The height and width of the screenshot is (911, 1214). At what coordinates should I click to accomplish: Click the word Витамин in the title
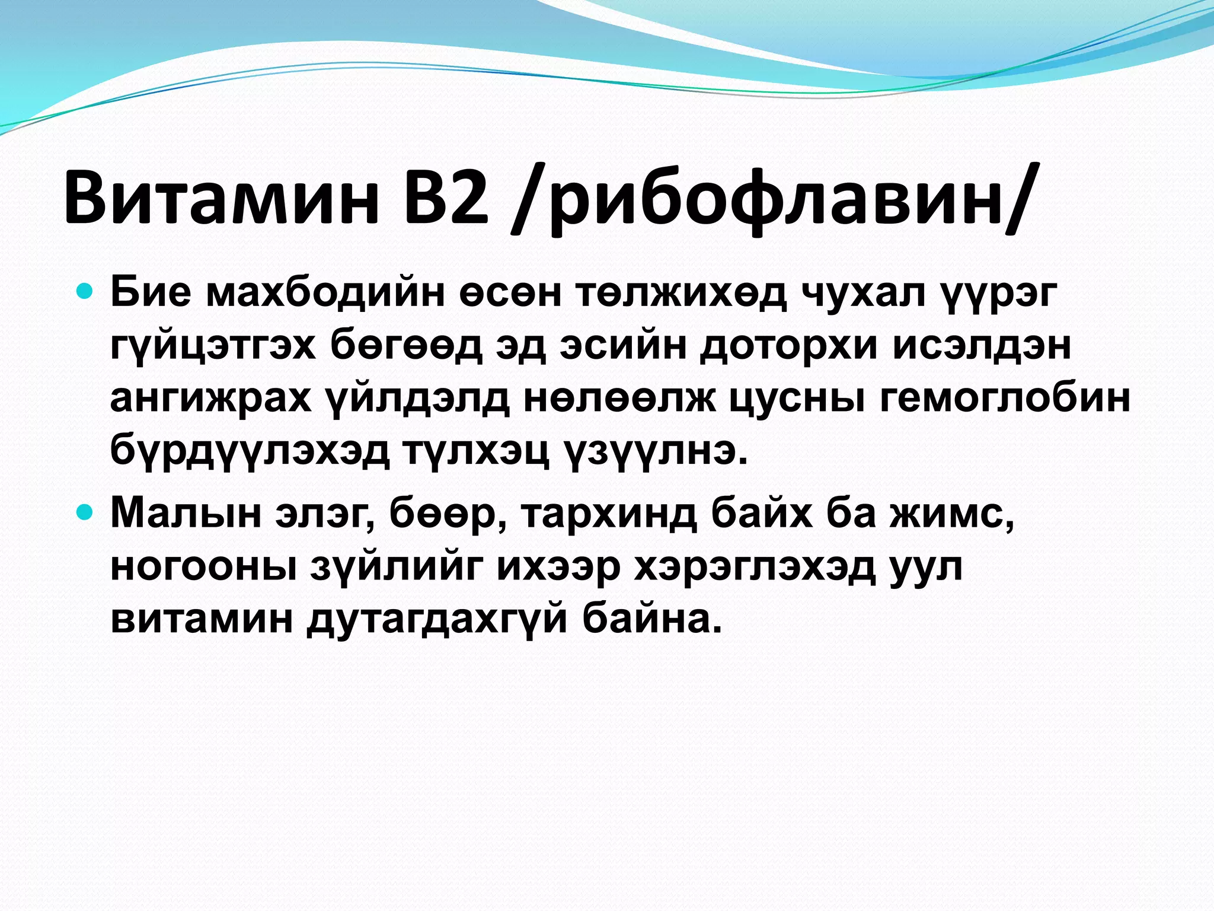coord(221,196)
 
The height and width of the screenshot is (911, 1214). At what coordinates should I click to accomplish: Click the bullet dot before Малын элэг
coord(86,511)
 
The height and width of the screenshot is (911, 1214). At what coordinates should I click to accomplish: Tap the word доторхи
coord(788,346)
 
